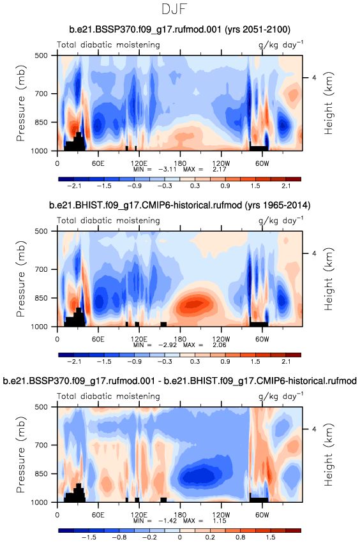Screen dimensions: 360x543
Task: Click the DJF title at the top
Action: point(174,9)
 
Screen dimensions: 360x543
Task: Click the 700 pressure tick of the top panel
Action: point(42,94)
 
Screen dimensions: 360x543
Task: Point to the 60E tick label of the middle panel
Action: point(98,339)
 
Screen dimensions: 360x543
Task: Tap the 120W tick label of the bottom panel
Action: point(221,514)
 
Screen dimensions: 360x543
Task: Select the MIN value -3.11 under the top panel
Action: point(167,169)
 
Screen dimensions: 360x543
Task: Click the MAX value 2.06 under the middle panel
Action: point(220,345)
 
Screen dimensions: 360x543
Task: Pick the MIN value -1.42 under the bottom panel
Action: point(167,521)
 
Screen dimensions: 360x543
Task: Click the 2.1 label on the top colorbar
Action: point(286,186)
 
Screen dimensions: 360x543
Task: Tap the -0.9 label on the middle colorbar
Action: point(135,362)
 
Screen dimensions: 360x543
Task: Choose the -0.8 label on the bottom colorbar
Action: point(119,537)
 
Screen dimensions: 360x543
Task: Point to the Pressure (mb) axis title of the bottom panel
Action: point(20,454)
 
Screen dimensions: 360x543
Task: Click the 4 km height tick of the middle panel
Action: point(314,253)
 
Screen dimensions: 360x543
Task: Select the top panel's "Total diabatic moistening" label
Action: point(109,45)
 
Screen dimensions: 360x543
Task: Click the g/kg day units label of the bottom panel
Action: point(281,396)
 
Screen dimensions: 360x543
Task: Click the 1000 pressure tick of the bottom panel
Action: point(41,502)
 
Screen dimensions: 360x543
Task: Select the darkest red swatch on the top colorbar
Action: point(293,179)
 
